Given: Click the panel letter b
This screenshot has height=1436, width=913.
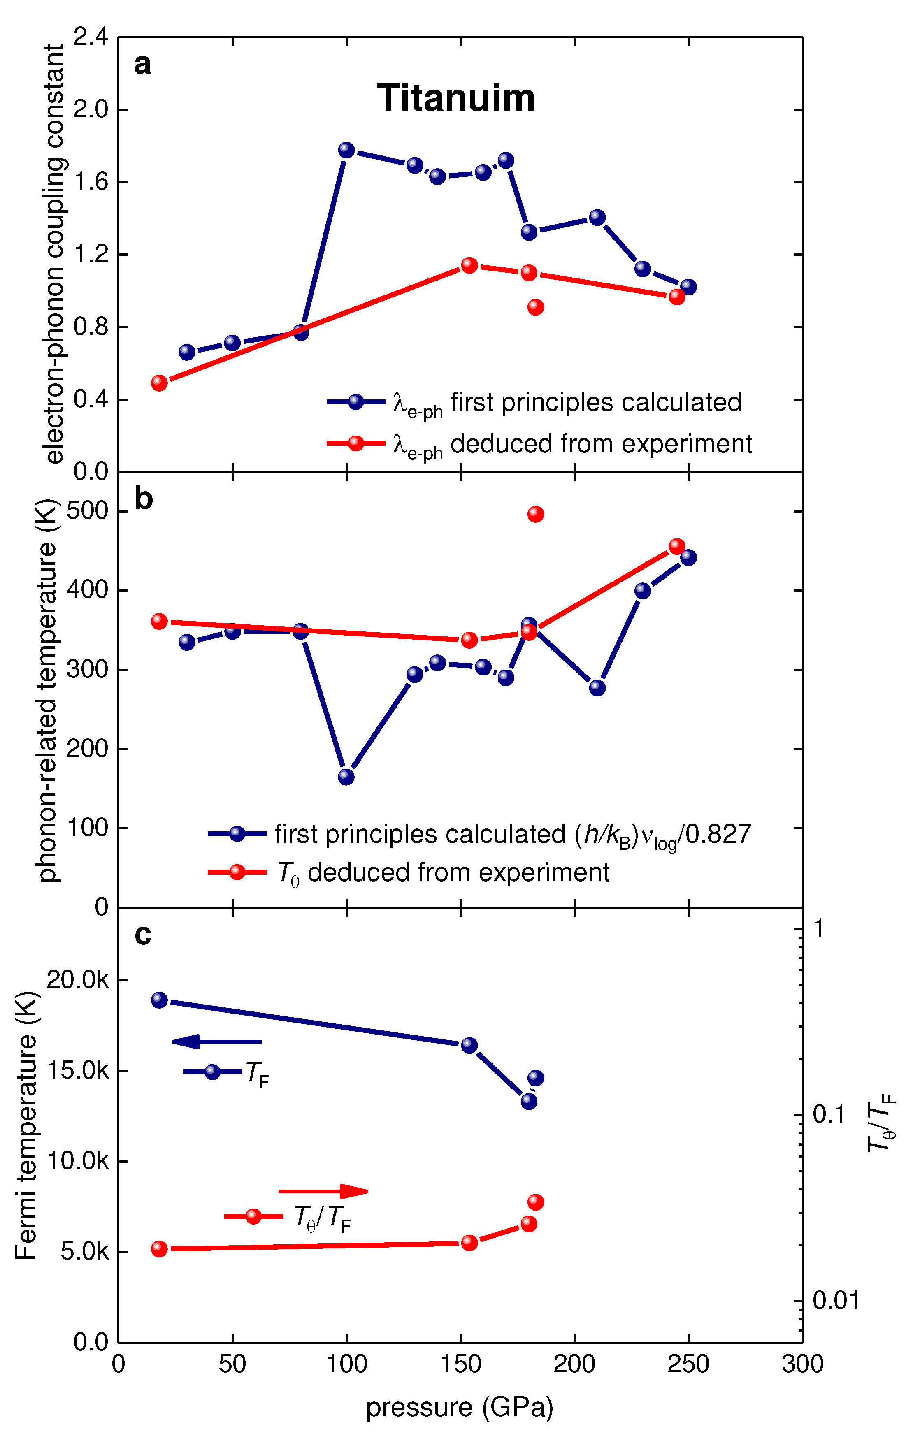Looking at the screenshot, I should pyautogui.click(x=143, y=498).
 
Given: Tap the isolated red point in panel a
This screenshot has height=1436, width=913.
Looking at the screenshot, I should pyautogui.click(x=536, y=307).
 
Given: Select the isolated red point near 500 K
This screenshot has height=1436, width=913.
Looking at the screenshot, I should pyautogui.click(x=536, y=514).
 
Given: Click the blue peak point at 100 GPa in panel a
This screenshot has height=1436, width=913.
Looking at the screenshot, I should pyautogui.click(x=346, y=150).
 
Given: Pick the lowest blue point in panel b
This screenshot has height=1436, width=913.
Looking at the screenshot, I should pyautogui.click(x=346, y=777).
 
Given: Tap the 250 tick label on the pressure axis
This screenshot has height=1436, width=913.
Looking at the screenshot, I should pyautogui.click(x=688, y=1364).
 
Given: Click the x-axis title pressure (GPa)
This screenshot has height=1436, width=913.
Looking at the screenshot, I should pyautogui.click(x=459, y=1407).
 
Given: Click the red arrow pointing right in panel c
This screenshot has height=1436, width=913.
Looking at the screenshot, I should pyautogui.click(x=323, y=1192).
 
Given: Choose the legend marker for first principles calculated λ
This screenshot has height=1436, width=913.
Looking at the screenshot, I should pyautogui.click(x=355, y=402).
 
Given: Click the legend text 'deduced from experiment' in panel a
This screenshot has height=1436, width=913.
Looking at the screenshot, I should pyautogui.click(x=601, y=444).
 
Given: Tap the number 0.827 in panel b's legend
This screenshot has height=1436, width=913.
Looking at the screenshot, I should pyautogui.click(x=719, y=834).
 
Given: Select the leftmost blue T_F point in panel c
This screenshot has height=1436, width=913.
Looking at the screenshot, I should pyautogui.click(x=159, y=1000).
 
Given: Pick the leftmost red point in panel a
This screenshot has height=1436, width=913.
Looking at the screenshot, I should pyautogui.click(x=159, y=382).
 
